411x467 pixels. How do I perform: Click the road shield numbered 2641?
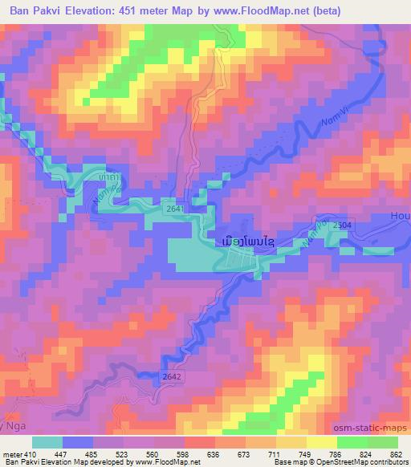173,208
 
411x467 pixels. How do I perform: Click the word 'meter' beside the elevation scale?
10,454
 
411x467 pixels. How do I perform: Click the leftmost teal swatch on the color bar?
47,442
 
